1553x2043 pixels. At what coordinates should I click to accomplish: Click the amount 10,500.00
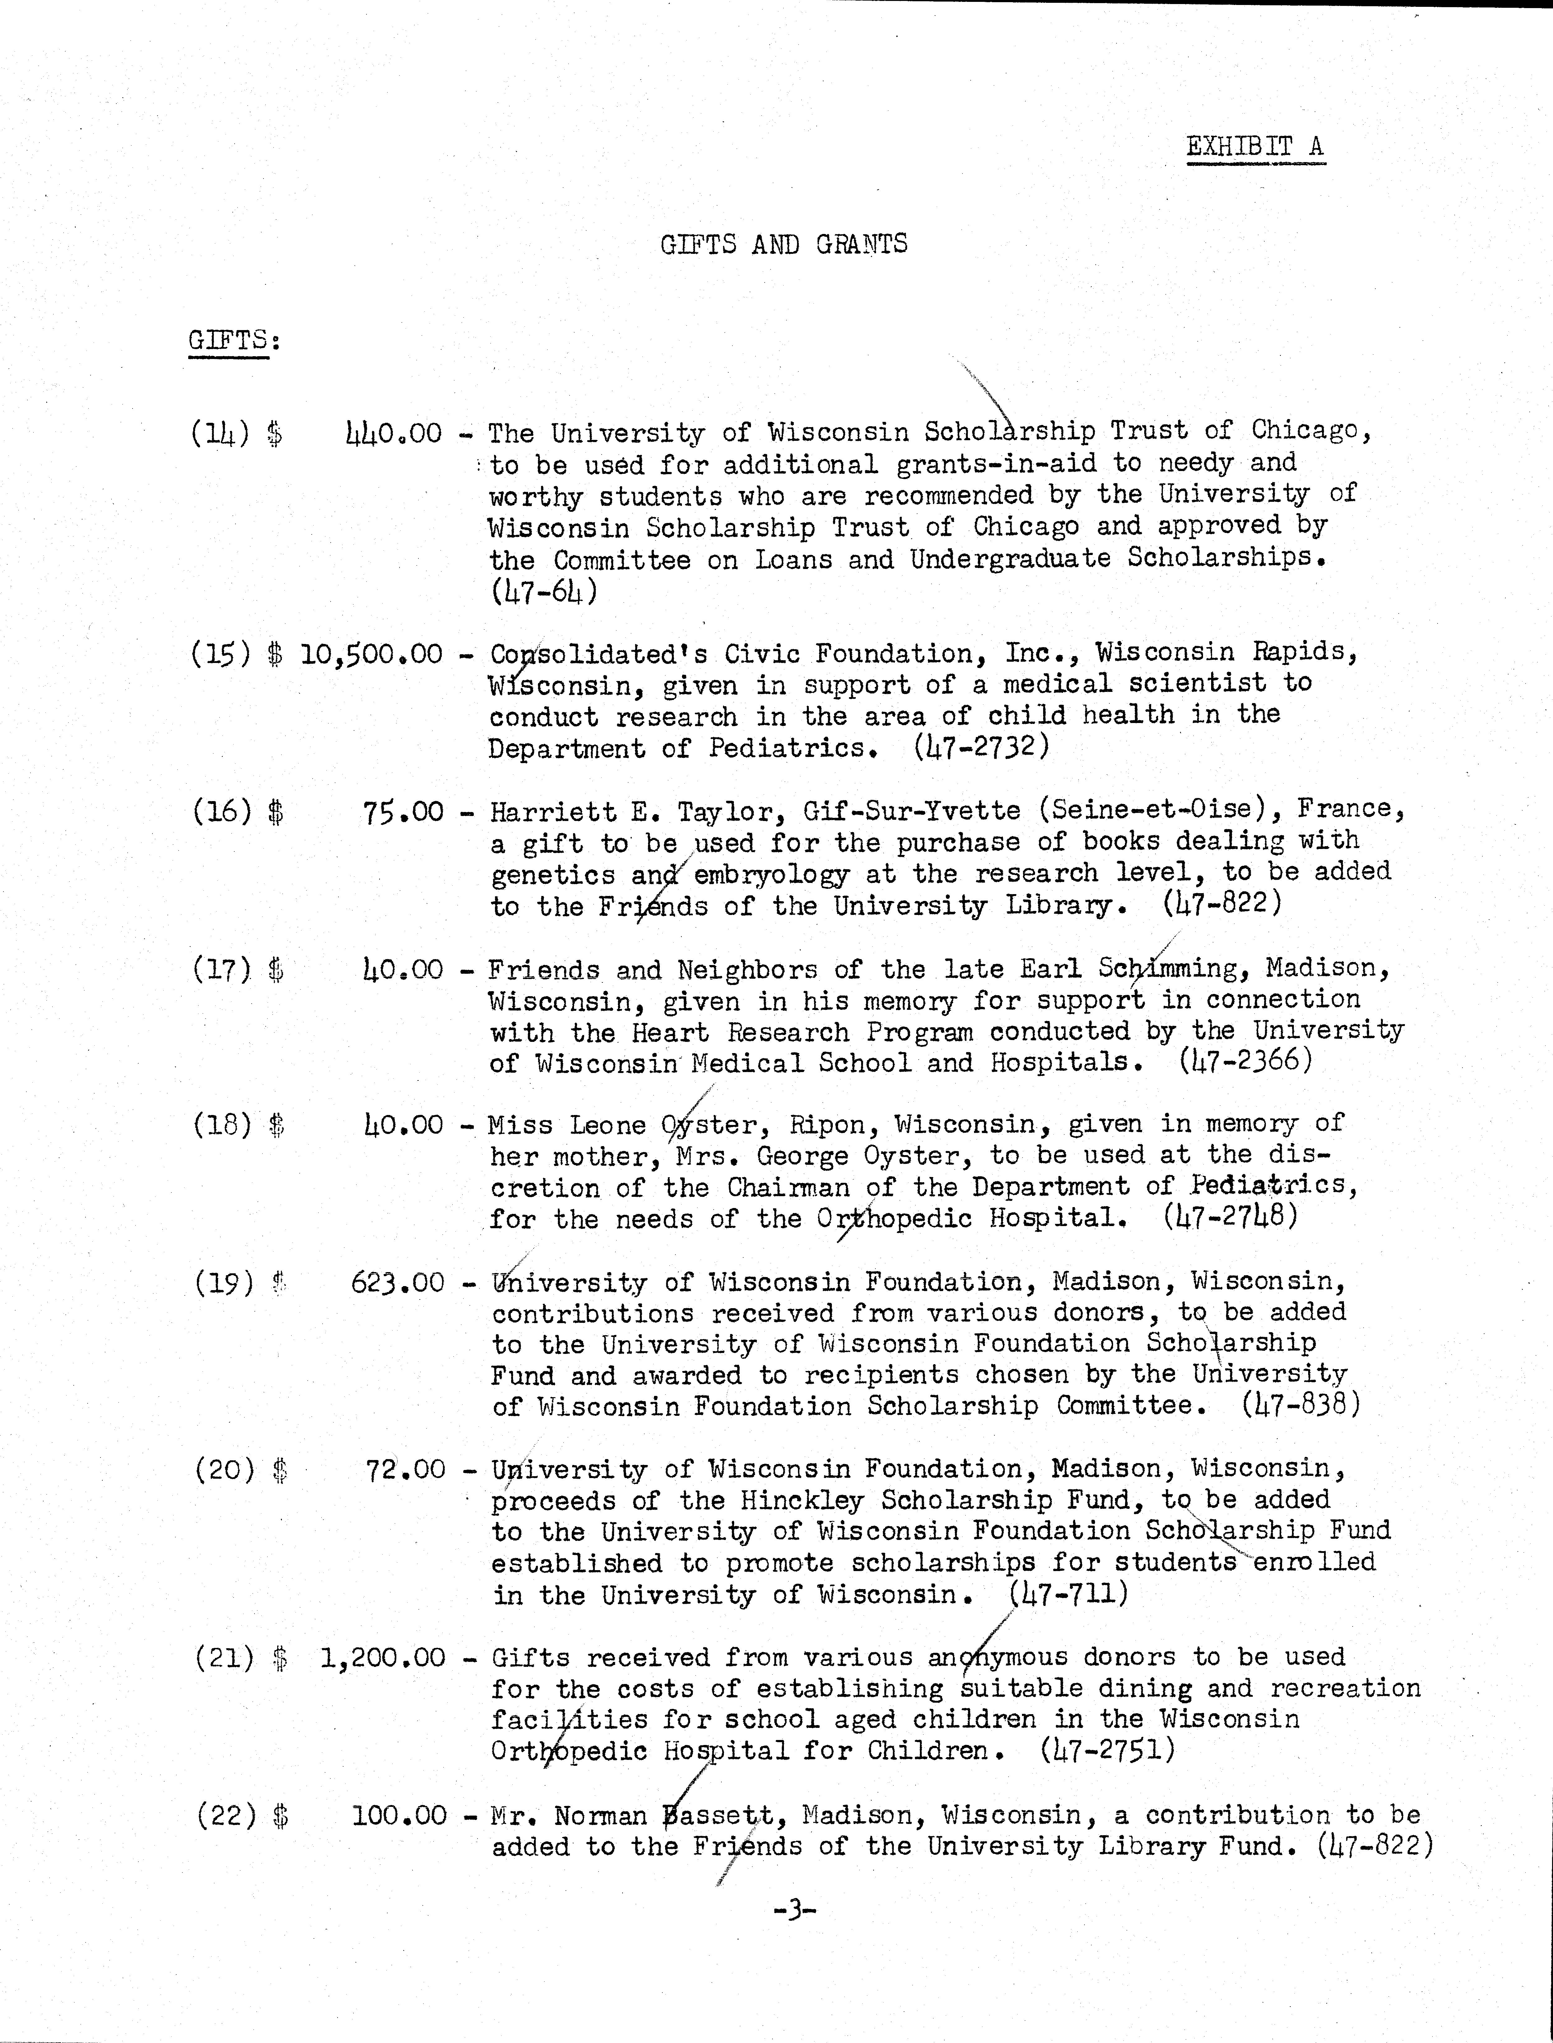(372, 655)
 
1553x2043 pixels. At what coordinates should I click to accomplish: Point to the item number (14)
(220, 433)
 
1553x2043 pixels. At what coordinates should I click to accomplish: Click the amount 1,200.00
(383, 1658)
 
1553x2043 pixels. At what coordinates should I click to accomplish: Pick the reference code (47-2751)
(1108, 1750)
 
